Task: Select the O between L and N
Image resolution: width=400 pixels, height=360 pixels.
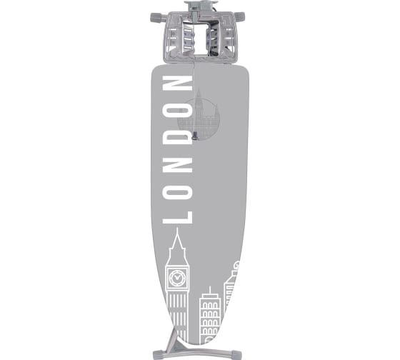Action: coord(177,191)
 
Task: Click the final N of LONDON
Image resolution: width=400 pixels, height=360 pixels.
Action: coord(177,83)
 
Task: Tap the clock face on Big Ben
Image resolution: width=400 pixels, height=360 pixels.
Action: coord(177,277)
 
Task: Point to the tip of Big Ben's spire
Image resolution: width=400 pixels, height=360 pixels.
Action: coord(177,228)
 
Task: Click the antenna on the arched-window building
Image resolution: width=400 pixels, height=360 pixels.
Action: coord(210,290)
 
